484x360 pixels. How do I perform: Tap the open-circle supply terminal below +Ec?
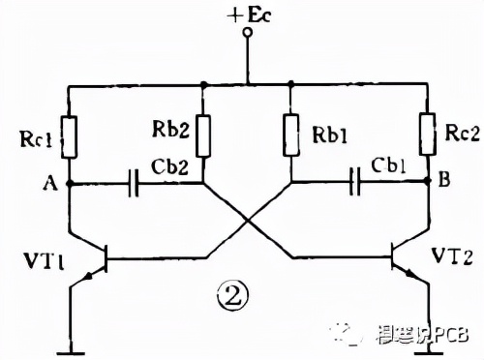pos(247,36)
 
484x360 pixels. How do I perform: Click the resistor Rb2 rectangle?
pos(204,135)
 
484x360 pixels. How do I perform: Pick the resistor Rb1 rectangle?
pos(290,135)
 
